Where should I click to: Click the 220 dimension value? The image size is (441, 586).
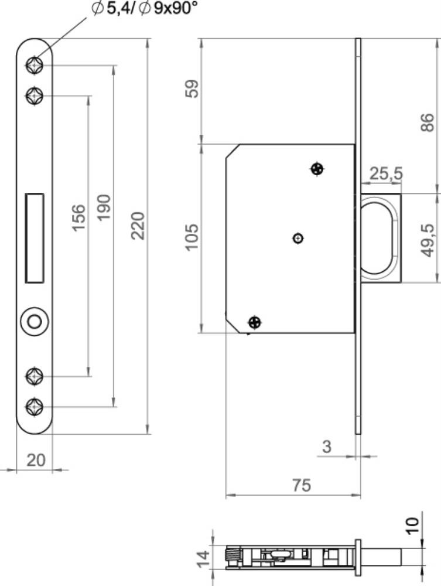pos(138,226)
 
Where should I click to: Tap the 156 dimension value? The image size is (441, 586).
pos(78,218)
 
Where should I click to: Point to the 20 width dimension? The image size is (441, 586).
pos(36,460)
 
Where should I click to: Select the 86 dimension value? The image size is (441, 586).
pos(428,122)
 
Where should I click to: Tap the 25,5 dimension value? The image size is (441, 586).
pos(386,173)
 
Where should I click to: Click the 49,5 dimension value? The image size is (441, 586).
pos(428,240)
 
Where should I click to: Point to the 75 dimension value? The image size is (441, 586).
pos(302,485)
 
